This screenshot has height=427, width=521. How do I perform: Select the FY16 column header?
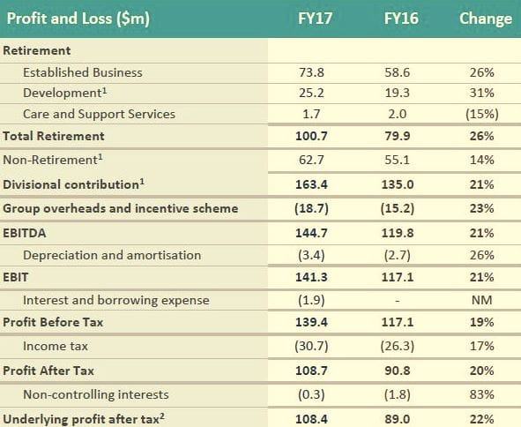401,19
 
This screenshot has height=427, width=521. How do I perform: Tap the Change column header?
485,19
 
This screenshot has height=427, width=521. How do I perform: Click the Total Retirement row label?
54,136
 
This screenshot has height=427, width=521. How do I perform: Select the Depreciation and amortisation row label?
112,255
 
